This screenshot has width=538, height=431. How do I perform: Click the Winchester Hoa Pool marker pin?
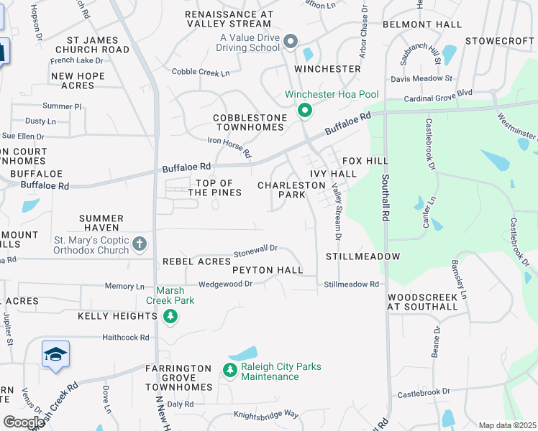304,111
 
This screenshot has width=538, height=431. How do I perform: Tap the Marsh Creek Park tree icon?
170,316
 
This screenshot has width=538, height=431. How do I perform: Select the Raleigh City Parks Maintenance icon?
229,371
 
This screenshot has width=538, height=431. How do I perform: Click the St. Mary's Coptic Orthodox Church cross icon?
140,244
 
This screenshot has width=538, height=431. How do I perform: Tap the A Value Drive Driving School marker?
291,42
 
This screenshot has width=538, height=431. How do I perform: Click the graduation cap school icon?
55,355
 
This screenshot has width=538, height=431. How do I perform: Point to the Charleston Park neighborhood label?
292,190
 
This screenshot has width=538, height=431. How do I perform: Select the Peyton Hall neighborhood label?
268,270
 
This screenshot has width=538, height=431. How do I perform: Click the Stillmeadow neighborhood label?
363,256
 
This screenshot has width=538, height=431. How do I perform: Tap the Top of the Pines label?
215,188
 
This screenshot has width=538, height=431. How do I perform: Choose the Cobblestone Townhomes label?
249,122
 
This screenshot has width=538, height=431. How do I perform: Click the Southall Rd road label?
386,198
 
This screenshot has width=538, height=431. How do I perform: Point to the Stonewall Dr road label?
256,250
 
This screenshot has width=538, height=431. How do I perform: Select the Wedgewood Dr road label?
225,284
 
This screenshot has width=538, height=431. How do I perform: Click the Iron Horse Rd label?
229,147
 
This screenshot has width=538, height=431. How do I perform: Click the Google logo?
23,422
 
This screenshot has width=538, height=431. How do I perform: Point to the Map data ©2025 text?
506,425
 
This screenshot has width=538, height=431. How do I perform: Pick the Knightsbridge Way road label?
265,414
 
